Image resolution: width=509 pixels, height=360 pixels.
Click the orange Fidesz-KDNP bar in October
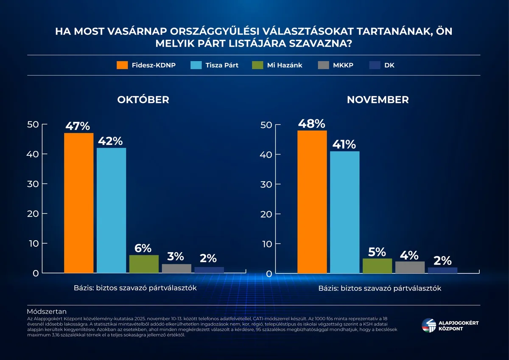78,203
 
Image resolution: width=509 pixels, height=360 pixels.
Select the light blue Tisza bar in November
344,212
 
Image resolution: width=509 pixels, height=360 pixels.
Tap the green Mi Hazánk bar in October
144,264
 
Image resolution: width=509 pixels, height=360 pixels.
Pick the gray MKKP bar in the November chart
410,267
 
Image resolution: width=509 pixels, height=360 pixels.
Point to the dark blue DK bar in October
209,270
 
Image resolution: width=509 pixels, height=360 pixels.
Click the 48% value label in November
311,124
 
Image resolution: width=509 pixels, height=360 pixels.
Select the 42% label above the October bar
111,141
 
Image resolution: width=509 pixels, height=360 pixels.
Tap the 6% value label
143,248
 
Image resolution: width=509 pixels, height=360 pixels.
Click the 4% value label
410,255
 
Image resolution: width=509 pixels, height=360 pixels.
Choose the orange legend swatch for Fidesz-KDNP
123,65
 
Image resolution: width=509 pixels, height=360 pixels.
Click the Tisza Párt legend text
222,65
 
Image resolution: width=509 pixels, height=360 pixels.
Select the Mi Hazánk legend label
285,65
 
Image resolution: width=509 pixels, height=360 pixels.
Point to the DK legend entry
389,65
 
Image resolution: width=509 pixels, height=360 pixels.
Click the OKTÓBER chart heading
143,100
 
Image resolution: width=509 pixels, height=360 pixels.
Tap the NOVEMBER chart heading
378,100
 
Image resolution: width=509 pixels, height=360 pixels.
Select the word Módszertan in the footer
47,312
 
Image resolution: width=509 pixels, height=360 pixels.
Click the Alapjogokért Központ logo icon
428,326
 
